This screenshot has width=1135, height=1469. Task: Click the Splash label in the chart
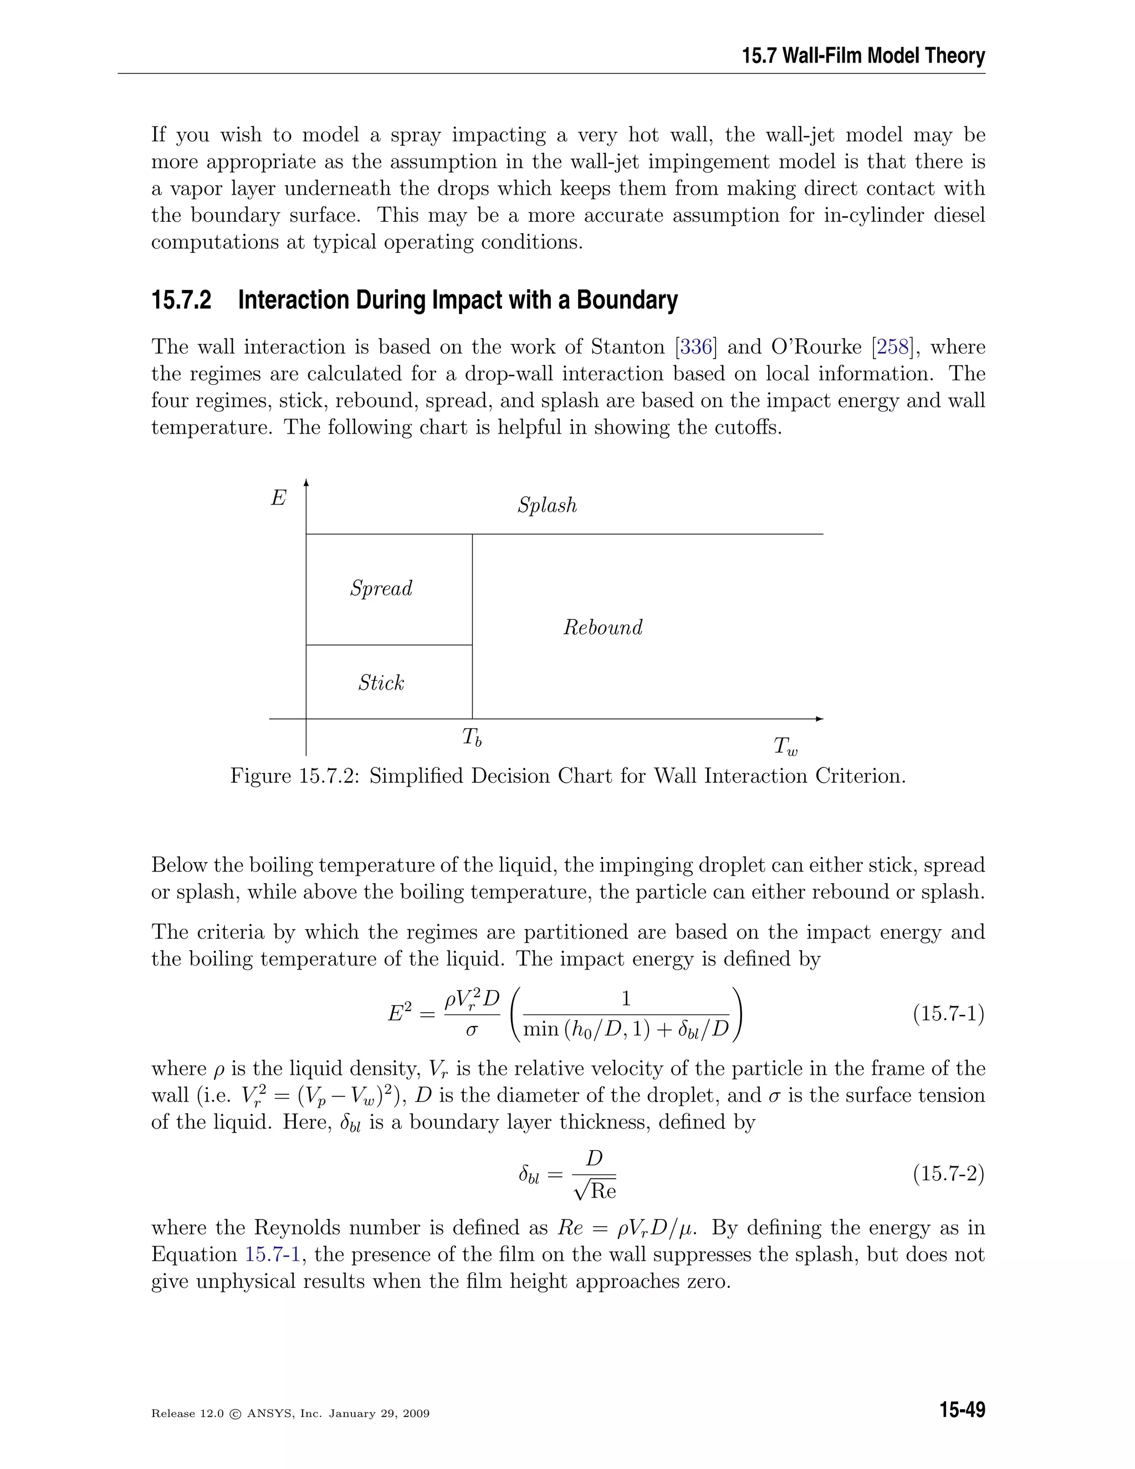coord(546,505)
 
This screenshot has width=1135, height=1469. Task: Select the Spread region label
coord(381,589)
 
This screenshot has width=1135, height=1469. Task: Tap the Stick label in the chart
coord(381,684)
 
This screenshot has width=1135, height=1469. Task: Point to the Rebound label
coord(602,628)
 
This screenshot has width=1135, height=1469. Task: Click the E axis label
coord(278,498)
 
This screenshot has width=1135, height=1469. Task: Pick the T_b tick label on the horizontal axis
coord(472,738)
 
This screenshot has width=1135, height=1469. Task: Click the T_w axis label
coord(785,747)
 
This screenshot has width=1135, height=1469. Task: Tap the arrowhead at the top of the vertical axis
coord(306,482)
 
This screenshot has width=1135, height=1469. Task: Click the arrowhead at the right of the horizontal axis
coord(819,719)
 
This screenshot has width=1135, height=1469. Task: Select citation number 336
coord(696,347)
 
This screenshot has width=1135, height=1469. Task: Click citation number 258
coord(893,347)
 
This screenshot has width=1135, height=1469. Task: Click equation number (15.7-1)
coord(948,1014)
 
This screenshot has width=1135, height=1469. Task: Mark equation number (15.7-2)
coord(948,1175)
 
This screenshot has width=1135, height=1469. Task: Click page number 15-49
coord(962,1410)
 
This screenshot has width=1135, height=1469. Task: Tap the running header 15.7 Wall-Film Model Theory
coord(863,56)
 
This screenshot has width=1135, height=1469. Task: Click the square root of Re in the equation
coord(595,1192)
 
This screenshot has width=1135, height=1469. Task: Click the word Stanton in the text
coord(627,347)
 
